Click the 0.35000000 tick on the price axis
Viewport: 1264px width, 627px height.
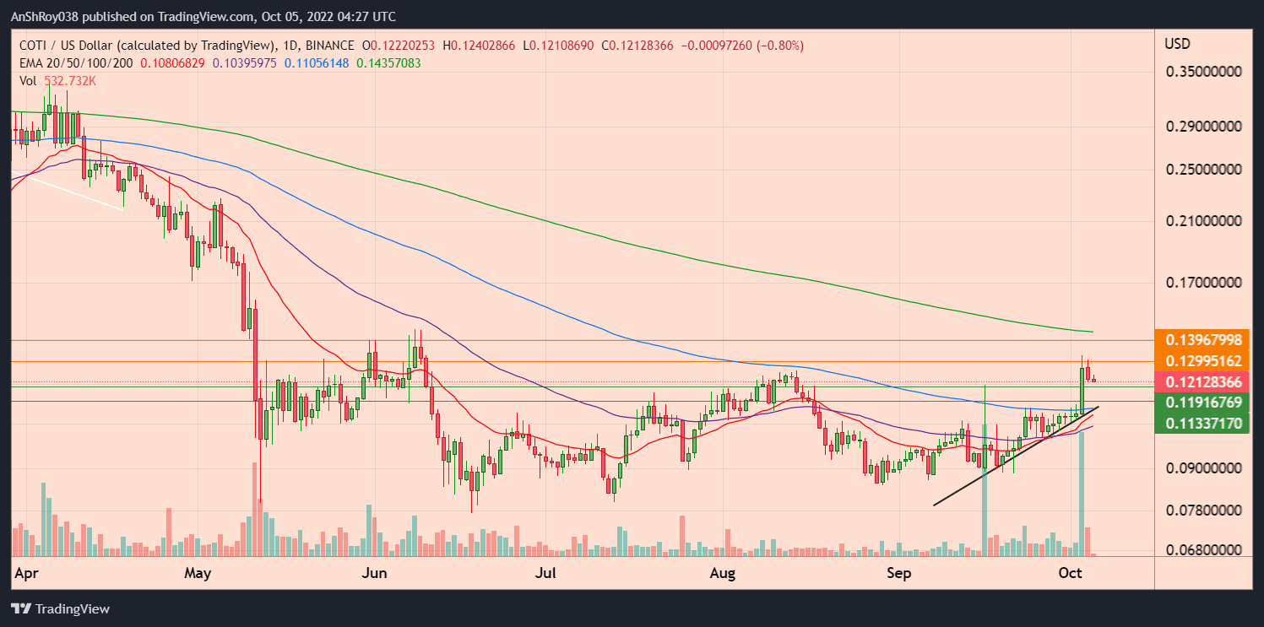click(1207, 73)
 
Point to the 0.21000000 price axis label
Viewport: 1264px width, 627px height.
click(1207, 221)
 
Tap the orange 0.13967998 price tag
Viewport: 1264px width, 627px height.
click(1203, 340)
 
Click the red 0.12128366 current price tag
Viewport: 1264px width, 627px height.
click(1203, 382)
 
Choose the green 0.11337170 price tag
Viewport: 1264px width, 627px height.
click(1203, 423)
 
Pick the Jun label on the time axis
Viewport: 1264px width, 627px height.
click(373, 574)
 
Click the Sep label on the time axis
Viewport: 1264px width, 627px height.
click(899, 574)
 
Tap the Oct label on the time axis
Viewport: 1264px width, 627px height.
click(1071, 574)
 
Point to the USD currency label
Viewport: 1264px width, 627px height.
click(1177, 44)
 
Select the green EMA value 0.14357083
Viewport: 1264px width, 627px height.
click(388, 63)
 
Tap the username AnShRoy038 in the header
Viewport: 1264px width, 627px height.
click(52, 17)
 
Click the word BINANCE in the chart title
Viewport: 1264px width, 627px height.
click(323, 45)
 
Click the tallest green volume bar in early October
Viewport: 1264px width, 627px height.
click(1082, 494)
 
